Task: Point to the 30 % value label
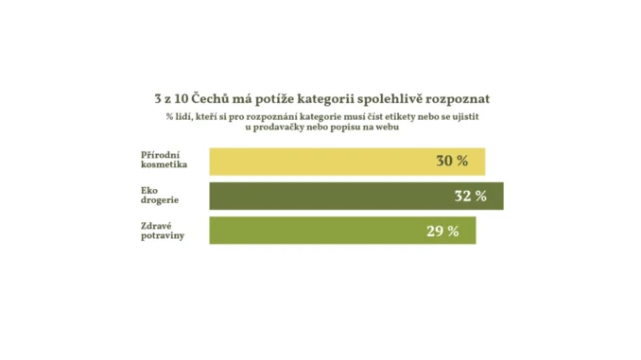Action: [452, 162]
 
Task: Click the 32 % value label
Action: [470, 197]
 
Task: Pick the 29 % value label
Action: [442, 231]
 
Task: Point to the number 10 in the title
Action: [183, 97]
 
